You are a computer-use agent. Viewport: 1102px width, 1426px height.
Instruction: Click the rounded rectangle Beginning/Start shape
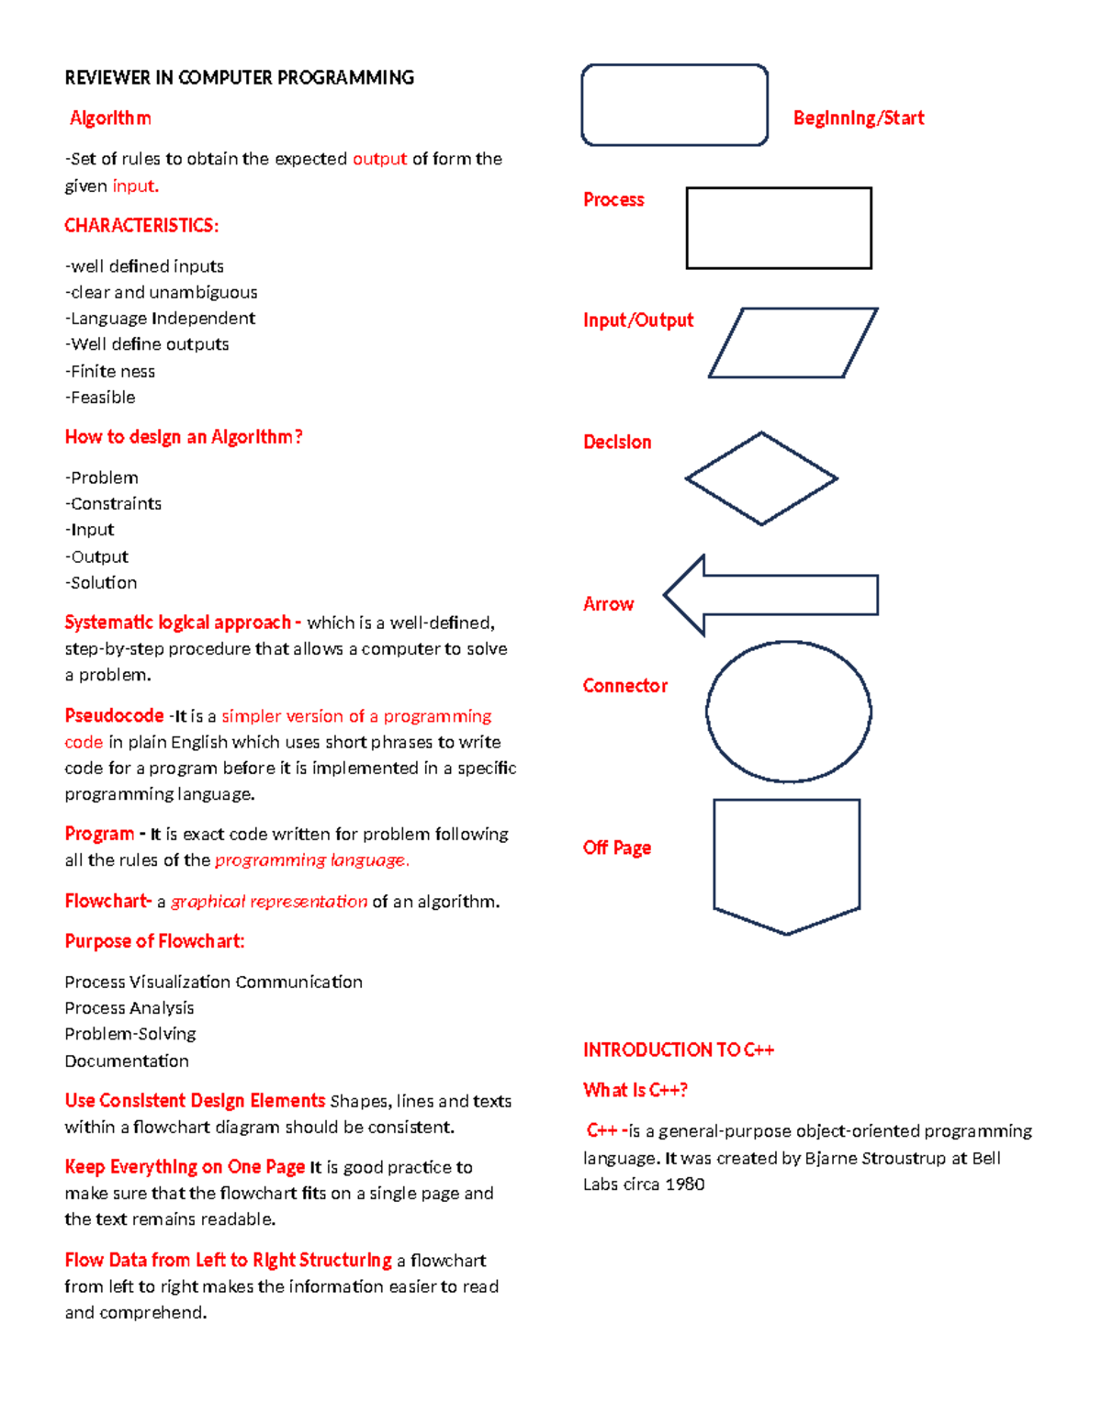point(674,105)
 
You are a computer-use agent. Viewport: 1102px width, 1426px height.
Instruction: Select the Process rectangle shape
point(779,228)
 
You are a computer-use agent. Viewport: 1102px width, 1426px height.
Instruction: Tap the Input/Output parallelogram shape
point(793,342)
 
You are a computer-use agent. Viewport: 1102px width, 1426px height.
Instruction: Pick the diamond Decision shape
point(761,478)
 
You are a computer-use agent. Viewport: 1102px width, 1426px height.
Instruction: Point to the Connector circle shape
point(788,712)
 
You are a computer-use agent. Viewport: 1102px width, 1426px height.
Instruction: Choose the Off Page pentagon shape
point(786,863)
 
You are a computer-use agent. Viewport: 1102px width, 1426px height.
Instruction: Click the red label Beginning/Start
point(859,118)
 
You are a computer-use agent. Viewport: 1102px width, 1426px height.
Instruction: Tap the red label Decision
point(617,442)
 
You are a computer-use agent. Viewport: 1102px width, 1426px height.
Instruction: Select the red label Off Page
point(617,848)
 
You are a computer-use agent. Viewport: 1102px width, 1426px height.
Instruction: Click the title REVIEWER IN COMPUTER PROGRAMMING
point(239,77)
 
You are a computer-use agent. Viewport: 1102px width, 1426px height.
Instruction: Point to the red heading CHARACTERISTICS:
point(141,225)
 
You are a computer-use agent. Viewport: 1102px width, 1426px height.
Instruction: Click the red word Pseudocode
point(114,715)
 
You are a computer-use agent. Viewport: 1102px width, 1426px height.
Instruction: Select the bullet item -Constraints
point(113,503)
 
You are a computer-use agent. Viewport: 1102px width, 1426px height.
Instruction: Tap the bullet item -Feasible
point(100,397)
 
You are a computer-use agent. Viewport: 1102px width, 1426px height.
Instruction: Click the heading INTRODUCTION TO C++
point(679,1050)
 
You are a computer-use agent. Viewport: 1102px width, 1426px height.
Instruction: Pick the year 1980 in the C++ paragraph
point(684,1184)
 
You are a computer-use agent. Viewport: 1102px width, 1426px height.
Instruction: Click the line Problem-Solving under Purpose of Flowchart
point(130,1034)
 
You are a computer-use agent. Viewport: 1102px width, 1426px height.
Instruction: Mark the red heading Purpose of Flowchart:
point(154,941)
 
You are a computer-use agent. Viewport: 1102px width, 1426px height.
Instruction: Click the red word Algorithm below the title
point(110,118)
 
